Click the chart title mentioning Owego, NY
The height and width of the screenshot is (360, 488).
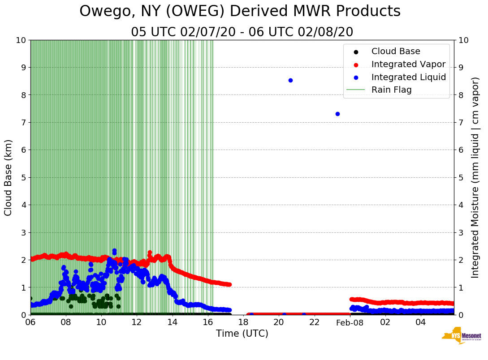click(x=240, y=12)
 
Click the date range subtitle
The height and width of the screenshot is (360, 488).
click(x=242, y=32)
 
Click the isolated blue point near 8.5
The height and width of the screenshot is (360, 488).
click(x=290, y=80)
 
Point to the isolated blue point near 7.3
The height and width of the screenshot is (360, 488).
click(x=337, y=114)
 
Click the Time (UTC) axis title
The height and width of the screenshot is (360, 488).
click(x=242, y=334)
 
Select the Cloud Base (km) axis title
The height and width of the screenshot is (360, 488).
click(x=9, y=177)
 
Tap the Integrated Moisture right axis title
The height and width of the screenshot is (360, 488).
click(x=475, y=177)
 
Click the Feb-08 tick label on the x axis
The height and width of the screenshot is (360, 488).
click(x=350, y=322)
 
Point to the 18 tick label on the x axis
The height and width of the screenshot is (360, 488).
click(x=243, y=322)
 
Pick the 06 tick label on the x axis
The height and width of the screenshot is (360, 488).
click(x=30, y=322)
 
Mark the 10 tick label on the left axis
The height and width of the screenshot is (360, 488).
click(x=20, y=40)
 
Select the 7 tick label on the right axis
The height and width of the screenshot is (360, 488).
click(x=461, y=122)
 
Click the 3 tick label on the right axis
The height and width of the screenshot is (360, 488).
click(x=461, y=232)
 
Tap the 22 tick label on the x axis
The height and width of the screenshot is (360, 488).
click(x=314, y=322)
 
